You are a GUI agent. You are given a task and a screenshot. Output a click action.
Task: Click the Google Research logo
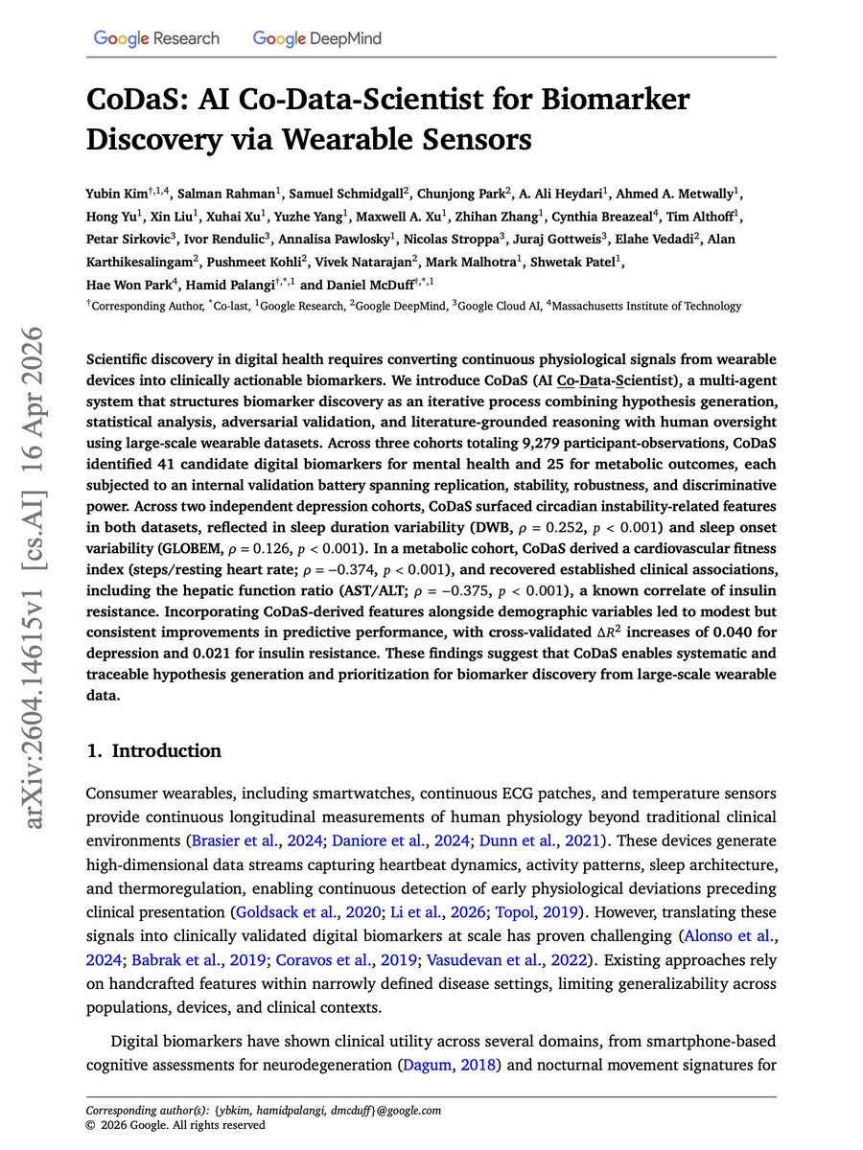[156, 38]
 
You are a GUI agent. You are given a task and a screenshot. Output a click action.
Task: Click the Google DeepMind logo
[317, 38]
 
